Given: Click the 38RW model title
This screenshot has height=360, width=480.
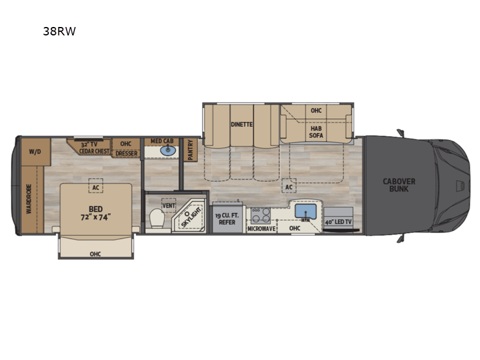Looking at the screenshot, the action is [x=59, y=31].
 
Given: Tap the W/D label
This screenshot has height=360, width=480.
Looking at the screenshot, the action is [x=35, y=152].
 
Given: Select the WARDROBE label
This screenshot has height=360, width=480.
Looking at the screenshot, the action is [x=29, y=199].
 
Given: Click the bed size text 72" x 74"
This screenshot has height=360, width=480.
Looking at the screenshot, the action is [x=95, y=217].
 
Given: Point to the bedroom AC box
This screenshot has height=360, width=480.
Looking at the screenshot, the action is [x=96, y=185].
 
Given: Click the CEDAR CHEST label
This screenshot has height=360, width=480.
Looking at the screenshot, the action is [x=94, y=151].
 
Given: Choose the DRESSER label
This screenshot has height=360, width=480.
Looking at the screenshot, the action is [x=127, y=154].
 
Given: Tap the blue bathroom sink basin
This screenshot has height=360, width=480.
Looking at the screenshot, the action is [x=168, y=151].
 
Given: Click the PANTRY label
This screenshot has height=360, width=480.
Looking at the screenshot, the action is [x=190, y=149].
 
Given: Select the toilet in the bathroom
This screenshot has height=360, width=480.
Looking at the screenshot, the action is [x=157, y=218].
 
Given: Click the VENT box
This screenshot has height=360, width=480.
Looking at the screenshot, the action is [x=169, y=205].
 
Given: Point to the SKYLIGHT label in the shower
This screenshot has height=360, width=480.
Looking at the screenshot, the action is [x=191, y=217].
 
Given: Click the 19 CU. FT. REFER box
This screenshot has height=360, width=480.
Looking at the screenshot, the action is [x=227, y=218].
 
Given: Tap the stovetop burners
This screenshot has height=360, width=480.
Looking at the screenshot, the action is [x=261, y=215].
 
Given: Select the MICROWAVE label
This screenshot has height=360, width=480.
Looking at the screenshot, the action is [x=262, y=229].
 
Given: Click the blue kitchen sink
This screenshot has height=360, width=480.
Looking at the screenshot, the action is [x=305, y=211].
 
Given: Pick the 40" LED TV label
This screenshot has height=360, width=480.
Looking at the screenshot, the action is [x=338, y=221].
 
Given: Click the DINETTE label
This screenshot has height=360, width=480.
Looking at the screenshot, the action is [x=242, y=124].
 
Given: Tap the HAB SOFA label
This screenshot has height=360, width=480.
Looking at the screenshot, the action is [x=316, y=131].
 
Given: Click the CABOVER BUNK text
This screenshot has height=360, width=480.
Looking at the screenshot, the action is [x=399, y=185].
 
